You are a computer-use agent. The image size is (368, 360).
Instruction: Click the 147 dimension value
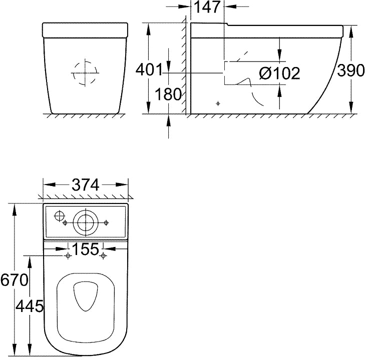207,7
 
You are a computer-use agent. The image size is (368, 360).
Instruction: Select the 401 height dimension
149,69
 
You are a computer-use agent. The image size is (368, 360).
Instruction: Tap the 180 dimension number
168,94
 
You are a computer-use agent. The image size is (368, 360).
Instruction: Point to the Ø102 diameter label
279,73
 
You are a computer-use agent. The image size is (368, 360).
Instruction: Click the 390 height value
351,70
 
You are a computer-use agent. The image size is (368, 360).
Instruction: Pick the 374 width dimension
86,184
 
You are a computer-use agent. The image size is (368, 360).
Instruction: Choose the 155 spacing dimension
86,249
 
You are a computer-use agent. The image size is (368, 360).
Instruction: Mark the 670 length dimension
14,280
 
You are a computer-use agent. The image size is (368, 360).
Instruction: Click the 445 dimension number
30,306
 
